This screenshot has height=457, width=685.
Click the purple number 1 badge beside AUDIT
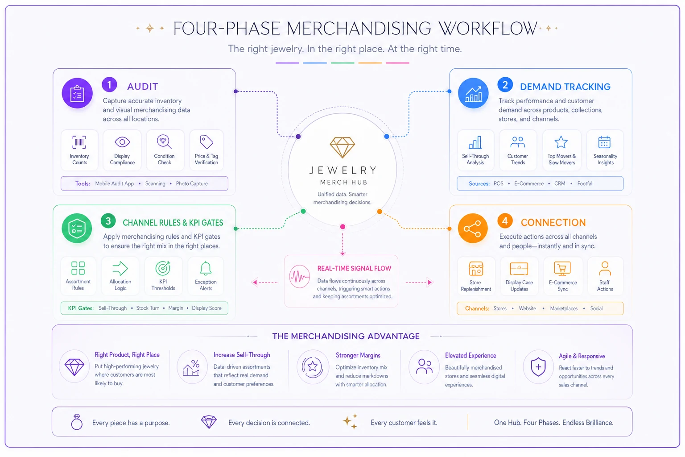coord(109,84)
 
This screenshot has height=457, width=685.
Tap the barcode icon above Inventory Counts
coord(79,142)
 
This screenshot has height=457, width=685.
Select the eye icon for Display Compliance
coord(122,142)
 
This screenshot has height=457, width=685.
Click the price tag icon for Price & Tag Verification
coord(206,142)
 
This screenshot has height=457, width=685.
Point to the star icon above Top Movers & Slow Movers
coord(561,142)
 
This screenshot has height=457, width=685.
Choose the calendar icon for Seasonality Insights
coord(605,142)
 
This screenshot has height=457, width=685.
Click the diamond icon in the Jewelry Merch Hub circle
coord(342,148)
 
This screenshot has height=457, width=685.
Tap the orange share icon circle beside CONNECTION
coord(472,228)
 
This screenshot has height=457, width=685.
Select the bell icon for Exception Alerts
coord(206,268)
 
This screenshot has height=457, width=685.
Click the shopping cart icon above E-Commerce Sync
coord(562,269)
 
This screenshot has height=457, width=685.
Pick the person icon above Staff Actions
coord(605,269)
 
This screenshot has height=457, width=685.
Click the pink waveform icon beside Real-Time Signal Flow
coord(300,277)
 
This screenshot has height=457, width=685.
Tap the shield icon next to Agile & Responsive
coord(539,367)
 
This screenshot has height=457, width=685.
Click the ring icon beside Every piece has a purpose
coord(77,422)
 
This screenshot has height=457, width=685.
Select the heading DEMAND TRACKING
coord(565,87)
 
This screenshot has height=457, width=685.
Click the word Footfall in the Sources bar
coord(585,184)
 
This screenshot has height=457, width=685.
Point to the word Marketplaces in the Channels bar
coord(564,308)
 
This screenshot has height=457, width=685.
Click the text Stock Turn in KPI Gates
coord(148,308)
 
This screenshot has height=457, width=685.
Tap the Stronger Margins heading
coord(358,355)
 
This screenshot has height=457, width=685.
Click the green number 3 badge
coord(108,221)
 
